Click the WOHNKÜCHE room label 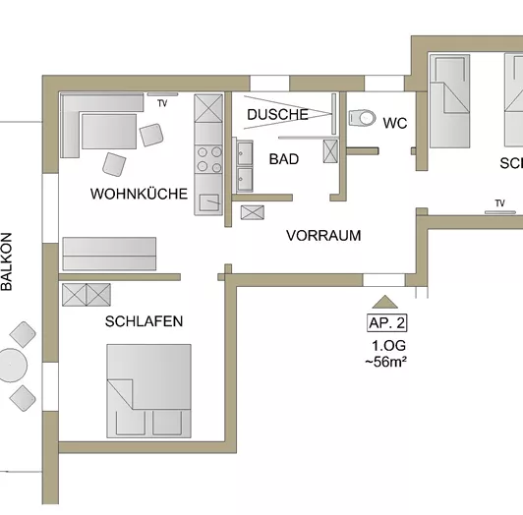pyautogui.click(x=139, y=195)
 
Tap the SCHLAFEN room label pyautogui.click(x=145, y=320)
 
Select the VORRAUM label pyautogui.click(x=323, y=236)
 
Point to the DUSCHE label pyautogui.click(x=277, y=115)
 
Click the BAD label pyautogui.click(x=283, y=158)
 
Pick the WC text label pyautogui.click(x=394, y=123)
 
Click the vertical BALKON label pyautogui.click(x=7, y=262)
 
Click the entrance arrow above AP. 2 pyautogui.click(x=385, y=302)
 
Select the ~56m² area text pyautogui.click(x=387, y=362)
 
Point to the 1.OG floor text pyautogui.click(x=387, y=345)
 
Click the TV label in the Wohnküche pyautogui.click(x=162, y=102)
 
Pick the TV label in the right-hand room pyautogui.click(x=500, y=203)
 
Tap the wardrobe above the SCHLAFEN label pyautogui.click(x=87, y=294)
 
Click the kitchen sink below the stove pyautogui.click(x=208, y=200)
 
